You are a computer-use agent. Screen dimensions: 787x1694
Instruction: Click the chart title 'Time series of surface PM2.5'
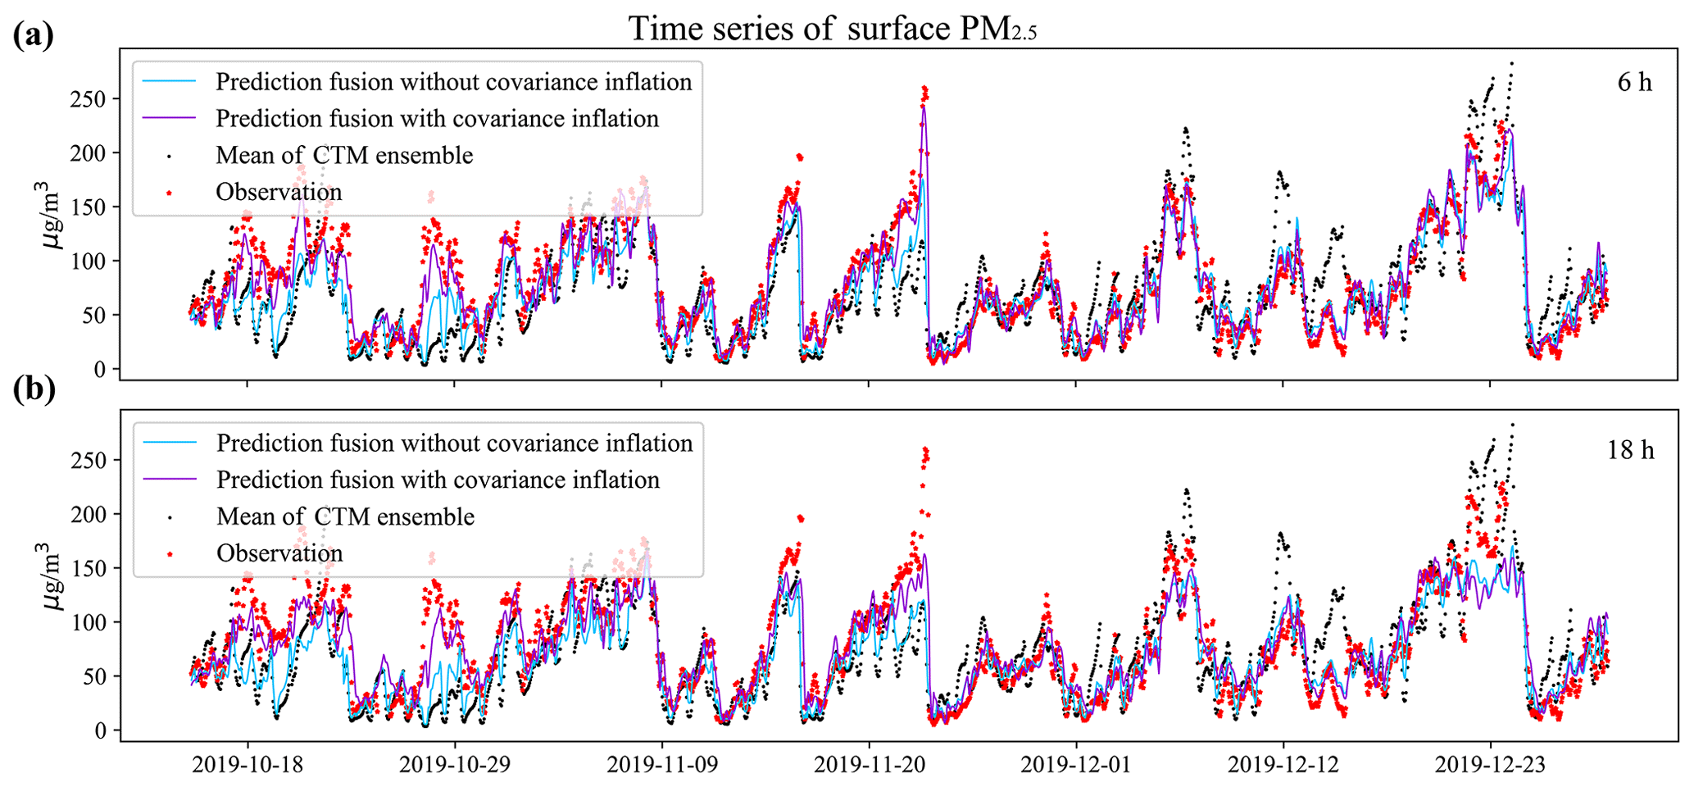[833, 29]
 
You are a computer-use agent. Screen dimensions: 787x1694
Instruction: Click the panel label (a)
[33, 36]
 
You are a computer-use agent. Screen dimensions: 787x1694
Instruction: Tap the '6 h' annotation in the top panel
[1634, 83]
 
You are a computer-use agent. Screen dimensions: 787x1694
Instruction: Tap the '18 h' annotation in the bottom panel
[1630, 451]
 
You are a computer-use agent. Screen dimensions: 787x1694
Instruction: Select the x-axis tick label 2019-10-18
[248, 765]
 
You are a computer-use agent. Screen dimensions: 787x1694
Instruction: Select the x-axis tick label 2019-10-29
[455, 765]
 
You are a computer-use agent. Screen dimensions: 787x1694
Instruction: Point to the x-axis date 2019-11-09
[662, 765]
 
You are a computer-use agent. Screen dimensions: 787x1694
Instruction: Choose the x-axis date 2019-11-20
[869, 765]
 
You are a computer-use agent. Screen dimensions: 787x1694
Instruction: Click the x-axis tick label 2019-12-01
[1076, 765]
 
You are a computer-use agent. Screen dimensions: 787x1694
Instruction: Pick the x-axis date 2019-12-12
[1283, 765]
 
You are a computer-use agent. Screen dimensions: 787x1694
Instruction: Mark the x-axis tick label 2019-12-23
[1490, 765]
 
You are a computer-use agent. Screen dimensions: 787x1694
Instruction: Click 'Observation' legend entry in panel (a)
[279, 192]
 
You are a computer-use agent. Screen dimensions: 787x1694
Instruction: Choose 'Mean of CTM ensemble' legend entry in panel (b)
[345, 516]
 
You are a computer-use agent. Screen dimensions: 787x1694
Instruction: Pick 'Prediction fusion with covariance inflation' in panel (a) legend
[437, 119]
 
